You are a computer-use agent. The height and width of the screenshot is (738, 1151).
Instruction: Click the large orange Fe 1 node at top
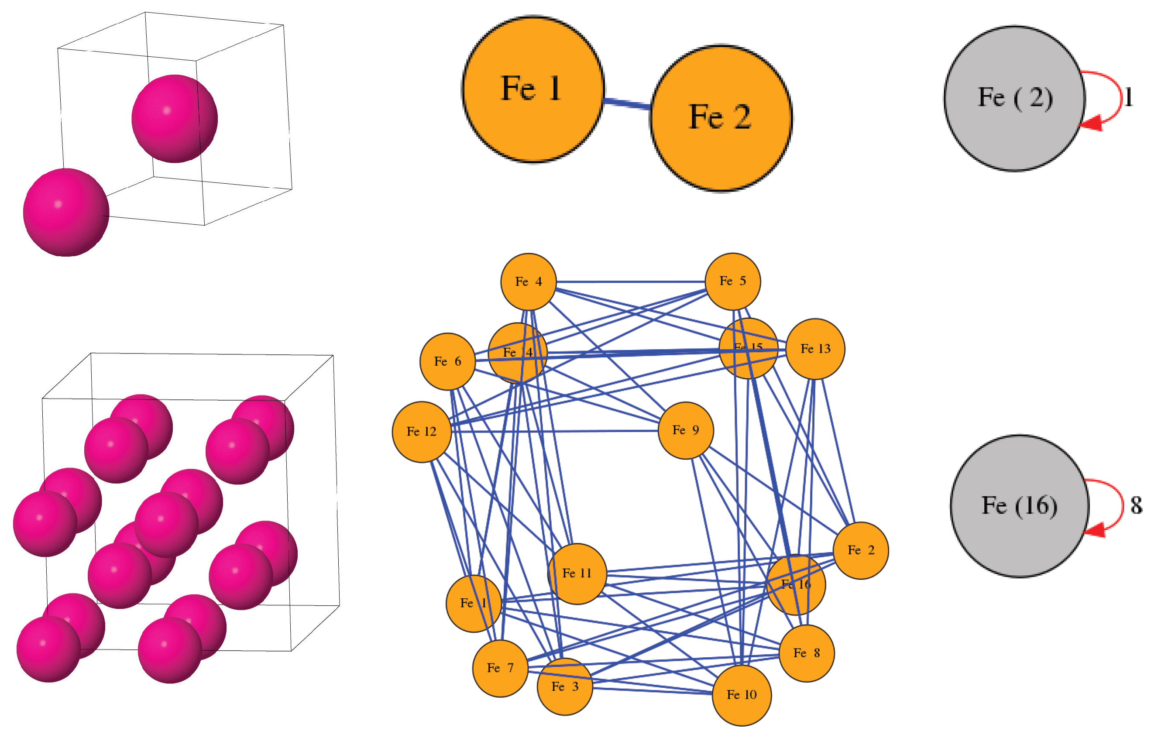point(533,90)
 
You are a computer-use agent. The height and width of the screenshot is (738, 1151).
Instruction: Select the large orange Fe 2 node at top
point(720,118)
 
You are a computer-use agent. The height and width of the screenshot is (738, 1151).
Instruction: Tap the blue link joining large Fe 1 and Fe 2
point(626,103)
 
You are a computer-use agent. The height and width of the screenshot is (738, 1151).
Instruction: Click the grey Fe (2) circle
point(1014,98)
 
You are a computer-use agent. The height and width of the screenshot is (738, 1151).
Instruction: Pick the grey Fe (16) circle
point(1019,505)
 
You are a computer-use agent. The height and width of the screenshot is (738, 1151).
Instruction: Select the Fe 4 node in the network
point(528,282)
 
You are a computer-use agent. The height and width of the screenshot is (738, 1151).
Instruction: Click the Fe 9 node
point(685,430)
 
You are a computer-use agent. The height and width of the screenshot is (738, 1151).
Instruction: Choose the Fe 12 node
point(421,432)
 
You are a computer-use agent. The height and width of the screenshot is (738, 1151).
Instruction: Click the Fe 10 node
point(741,695)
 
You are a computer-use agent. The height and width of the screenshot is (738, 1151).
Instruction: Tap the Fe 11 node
point(577,573)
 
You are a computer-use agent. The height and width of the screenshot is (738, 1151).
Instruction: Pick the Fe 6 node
point(447,361)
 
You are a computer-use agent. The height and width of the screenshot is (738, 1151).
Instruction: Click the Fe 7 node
point(500,668)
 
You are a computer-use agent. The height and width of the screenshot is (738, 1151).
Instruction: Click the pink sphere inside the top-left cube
point(175,118)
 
